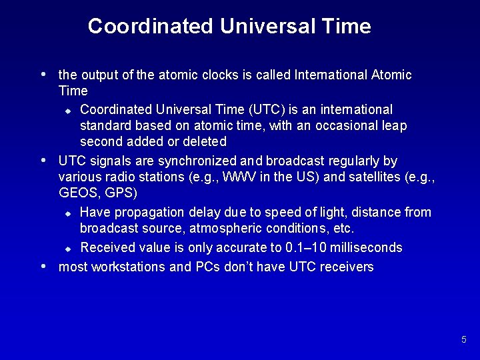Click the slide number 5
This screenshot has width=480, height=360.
[x=463, y=340]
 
